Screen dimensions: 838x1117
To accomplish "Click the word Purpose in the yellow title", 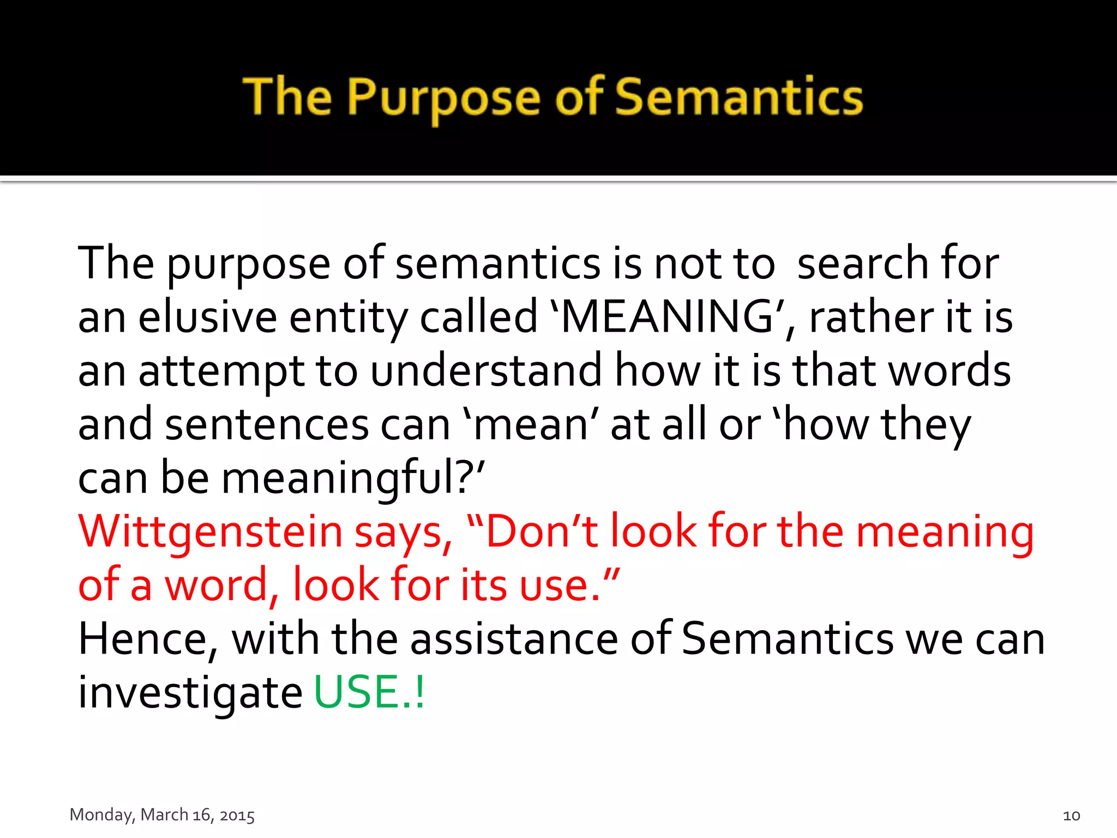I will point(443,98).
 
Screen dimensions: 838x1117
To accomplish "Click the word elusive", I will point(207,317).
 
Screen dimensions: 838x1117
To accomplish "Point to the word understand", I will point(486,370).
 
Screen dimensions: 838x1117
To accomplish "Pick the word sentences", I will point(267,424).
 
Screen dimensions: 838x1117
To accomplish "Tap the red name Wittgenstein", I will point(210,532).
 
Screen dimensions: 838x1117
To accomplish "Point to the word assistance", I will point(514,639).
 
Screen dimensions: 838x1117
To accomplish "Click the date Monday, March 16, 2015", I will point(162,815).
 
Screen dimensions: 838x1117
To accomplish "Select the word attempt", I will point(221,372).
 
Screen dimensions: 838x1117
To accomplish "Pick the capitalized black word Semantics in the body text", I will point(787,639).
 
